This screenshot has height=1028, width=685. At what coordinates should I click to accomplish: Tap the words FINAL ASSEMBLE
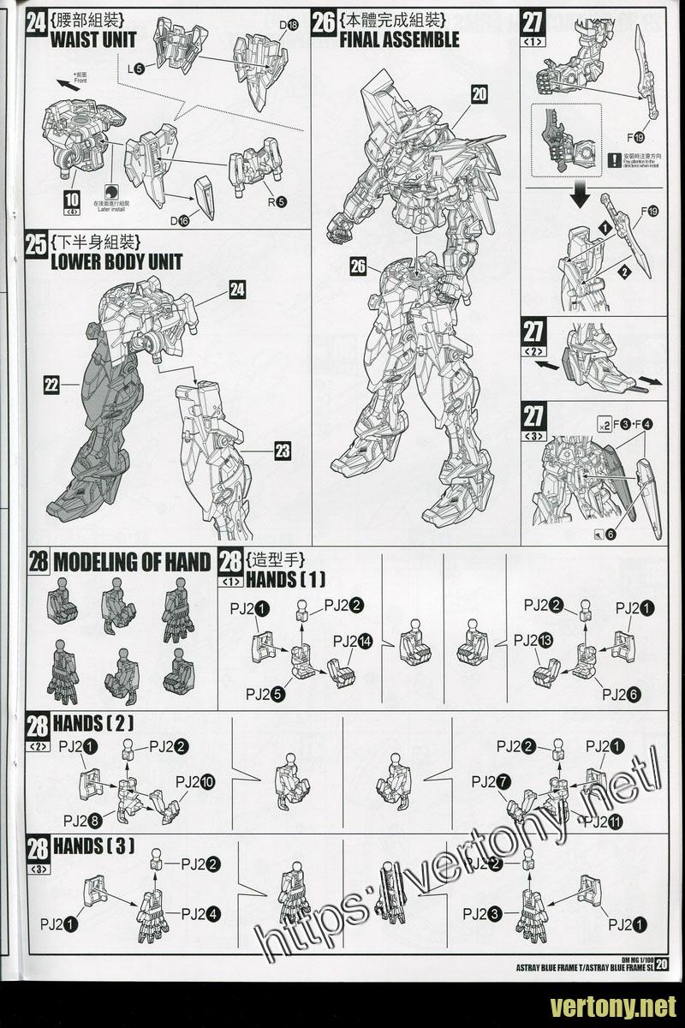(399, 39)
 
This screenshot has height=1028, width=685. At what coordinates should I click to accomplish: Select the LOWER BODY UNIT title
(116, 261)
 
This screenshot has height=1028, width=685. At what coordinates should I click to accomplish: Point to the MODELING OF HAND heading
(131, 562)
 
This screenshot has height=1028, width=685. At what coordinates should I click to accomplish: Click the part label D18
(289, 26)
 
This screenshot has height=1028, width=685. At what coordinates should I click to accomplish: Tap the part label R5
(277, 202)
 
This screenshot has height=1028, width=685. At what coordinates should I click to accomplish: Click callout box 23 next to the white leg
(283, 450)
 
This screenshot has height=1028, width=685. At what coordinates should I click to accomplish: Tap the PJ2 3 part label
(484, 914)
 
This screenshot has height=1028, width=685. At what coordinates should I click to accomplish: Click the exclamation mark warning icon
(614, 159)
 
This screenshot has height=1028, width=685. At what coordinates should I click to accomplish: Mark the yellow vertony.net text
(614, 1005)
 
